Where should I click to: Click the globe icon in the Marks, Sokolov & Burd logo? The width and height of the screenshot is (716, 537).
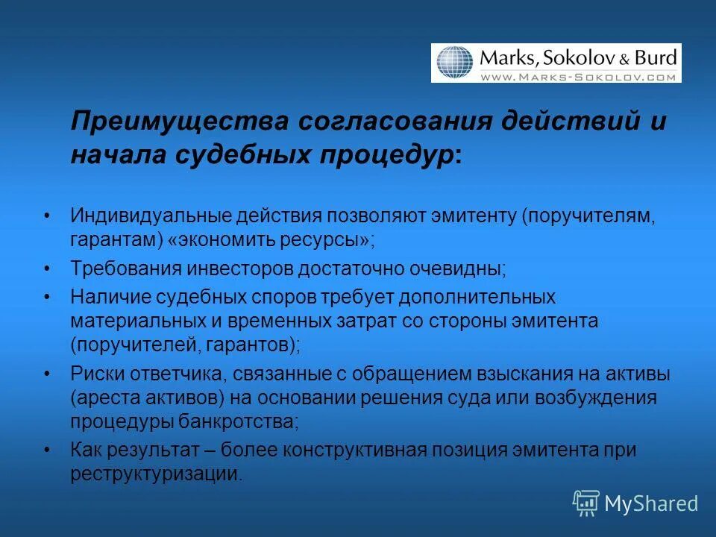(455, 63)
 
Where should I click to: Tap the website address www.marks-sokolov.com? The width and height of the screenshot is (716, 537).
(577, 76)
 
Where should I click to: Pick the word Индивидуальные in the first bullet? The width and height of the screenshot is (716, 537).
(150, 216)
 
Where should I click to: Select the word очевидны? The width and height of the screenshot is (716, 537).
(459, 268)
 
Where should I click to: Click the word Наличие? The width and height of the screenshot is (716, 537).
(110, 296)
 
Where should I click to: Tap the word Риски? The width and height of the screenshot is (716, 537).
(95, 373)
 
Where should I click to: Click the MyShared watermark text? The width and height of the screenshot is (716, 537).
(651, 503)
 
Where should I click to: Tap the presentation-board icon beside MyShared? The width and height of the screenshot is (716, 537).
(585, 503)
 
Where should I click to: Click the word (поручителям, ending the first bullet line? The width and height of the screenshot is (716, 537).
(589, 216)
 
